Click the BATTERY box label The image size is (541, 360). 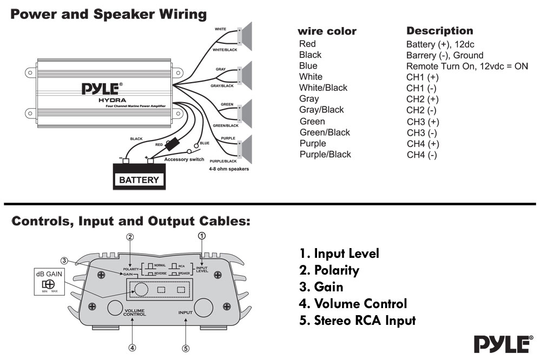[x=138, y=179]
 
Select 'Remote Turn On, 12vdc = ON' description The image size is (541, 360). [x=467, y=66]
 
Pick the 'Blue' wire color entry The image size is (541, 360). [x=308, y=66]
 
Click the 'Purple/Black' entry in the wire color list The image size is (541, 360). [x=325, y=155]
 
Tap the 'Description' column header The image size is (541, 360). [x=440, y=31]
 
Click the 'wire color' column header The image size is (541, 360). [x=327, y=31]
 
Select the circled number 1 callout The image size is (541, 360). [x=202, y=236]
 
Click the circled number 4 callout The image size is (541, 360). [x=132, y=348]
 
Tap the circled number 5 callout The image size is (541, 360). [x=186, y=348]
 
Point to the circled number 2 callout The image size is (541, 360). [x=130, y=236]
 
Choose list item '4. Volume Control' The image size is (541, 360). [x=353, y=304]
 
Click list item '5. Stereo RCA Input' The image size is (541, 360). [x=357, y=321]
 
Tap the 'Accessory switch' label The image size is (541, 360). [x=184, y=159]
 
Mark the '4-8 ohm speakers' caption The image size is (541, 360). [x=229, y=169]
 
